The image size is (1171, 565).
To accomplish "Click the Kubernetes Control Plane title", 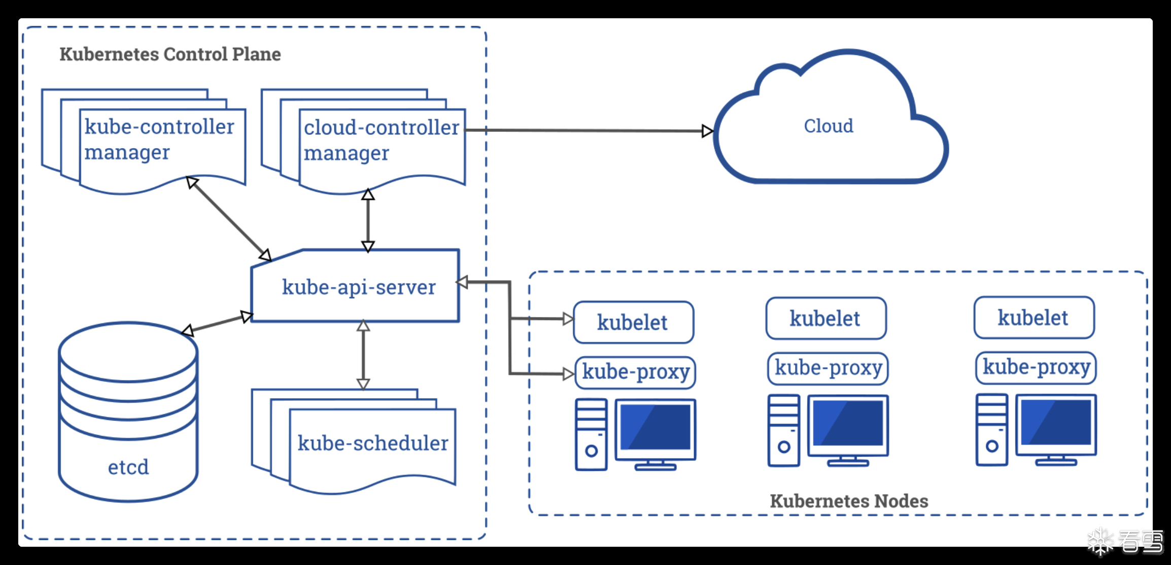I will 170,54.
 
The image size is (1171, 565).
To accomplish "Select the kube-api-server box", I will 358,287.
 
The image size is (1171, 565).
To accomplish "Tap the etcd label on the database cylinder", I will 128,467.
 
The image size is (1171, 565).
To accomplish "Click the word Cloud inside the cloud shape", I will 829,126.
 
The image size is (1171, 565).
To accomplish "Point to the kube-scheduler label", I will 373,443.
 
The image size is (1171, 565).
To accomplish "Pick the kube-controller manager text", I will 159,139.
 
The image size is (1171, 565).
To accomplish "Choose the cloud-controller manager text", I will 381,140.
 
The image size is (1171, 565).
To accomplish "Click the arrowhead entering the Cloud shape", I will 707,131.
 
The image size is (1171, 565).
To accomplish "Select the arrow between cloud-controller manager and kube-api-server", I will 368,221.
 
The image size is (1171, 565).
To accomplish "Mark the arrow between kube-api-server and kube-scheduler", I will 363,355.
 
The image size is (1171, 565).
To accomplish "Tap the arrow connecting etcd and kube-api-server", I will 217,324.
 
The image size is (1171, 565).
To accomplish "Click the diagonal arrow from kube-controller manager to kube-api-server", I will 228,218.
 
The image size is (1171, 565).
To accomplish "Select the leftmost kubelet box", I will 633,323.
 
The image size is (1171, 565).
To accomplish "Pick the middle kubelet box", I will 825,319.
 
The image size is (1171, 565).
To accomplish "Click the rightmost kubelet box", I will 1034,318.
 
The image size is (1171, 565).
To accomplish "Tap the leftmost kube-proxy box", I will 635,372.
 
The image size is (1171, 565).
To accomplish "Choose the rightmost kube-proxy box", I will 1036,367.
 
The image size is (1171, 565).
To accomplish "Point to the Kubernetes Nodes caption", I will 849,501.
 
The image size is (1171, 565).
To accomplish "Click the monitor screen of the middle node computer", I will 848,423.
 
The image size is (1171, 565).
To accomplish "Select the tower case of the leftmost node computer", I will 591,434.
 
